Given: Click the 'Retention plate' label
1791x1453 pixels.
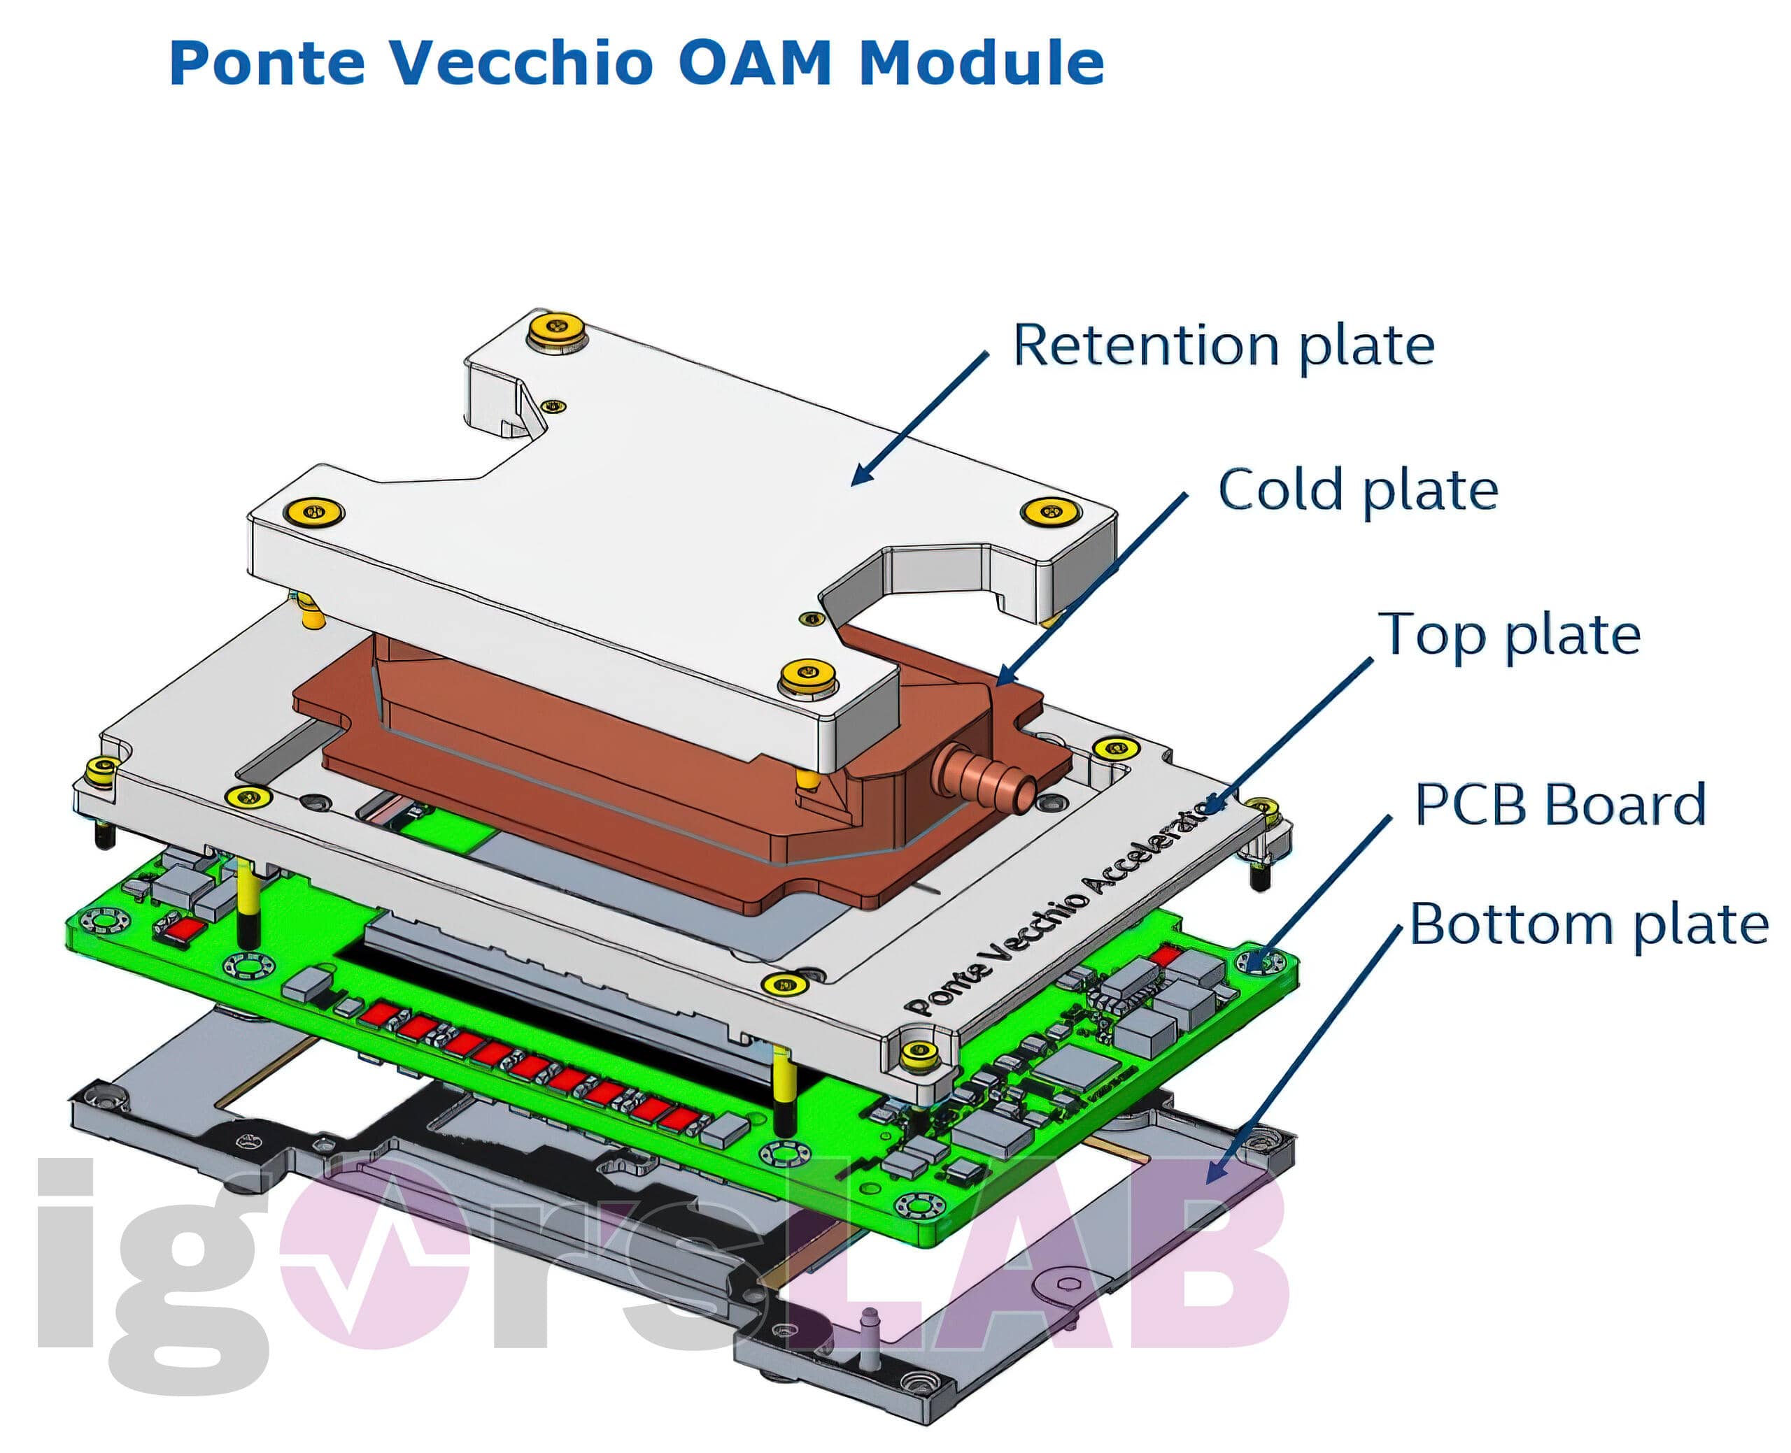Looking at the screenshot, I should [x=1222, y=345].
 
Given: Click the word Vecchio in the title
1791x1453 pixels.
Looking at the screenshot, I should [x=519, y=63].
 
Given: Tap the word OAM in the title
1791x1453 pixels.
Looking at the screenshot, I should [x=753, y=63].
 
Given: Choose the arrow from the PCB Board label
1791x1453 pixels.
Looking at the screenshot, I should [x=1323, y=892].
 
